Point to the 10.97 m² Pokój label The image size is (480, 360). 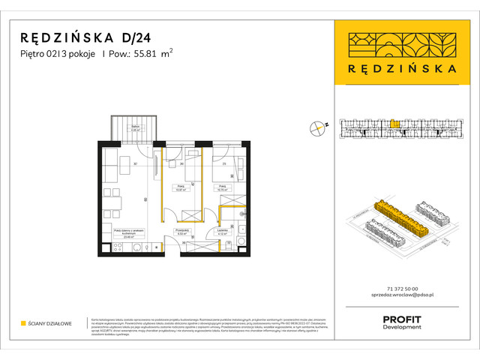point(180,188)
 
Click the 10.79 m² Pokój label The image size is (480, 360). point(223,188)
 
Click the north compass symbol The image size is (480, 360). point(317,127)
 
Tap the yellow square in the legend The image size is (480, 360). point(23,324)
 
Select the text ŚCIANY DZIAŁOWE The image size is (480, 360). point(52,324)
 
